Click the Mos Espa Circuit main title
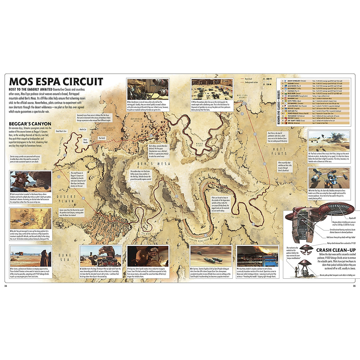(x=56, y=82)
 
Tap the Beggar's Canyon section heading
(x=30, y=124)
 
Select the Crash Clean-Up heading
(x=336, y=250)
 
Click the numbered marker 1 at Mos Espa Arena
(x=244, y=103)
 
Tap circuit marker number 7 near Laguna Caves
(x=177, y=196)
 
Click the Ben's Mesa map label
(x=154, y=163)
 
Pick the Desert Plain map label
(x=66, y=199)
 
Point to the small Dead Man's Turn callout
(x=61, y=131)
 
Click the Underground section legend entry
(x=251, y=82)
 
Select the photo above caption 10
(x=329, y=178)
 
